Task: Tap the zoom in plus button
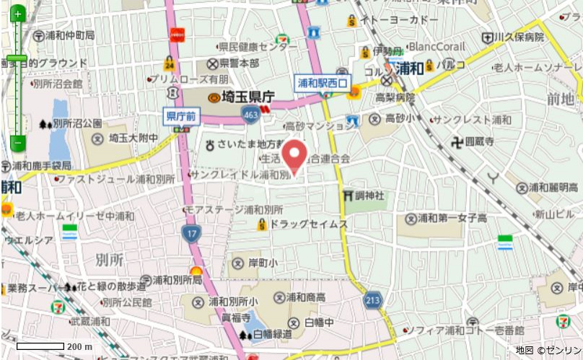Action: coord(17,14)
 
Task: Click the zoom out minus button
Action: coord(17,142)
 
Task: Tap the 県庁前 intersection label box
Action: coord(181,115)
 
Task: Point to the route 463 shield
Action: coord(250,114)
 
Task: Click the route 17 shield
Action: coord(191,232)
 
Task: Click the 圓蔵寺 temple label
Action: coord(479,142)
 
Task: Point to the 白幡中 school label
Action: coord(320,322)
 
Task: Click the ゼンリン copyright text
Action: coord(558,350)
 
